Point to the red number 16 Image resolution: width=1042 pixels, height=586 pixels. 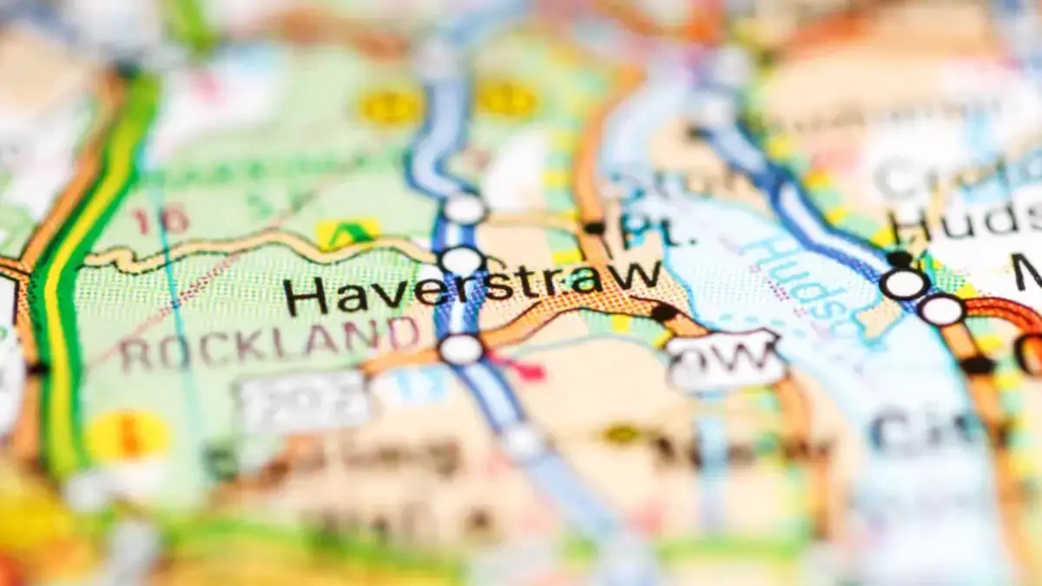pyautogui.click(x=161, y=220)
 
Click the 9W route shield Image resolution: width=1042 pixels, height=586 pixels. pyautogui.click(x=726, y=359)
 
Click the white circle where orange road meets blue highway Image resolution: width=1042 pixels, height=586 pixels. pyautogui.click(x=461, y=349)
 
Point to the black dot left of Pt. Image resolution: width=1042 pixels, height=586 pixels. pyautogui.click(x=595, y=227)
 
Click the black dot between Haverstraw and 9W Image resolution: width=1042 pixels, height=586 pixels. pyautogui.click(x=664, y=312)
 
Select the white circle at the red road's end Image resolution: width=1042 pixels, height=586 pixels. pyautogui.click(x=942, y=310)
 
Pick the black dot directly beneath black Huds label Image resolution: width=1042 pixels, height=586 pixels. pyautogui.click(x=900, y=259)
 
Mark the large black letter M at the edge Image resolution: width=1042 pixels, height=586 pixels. pyautogui.click(x=1030, y=273)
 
